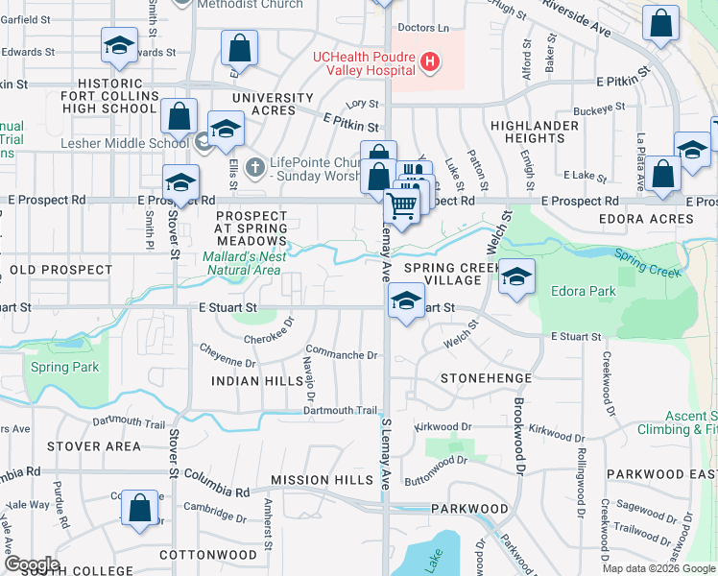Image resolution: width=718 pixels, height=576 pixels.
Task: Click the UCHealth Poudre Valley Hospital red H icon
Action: pyautogui.click(x=430, y=63)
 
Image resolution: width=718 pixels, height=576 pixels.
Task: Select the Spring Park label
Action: pyautogui.click(x=64, y=368)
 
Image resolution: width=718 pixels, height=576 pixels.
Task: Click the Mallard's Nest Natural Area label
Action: pyautogui.click(x=242, y=263)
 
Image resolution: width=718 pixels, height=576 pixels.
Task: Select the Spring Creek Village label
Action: pyautogui.click(x=442, y=273)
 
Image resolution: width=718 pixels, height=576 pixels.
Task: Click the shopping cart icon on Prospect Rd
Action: pyautogui.click(x=402, y=204)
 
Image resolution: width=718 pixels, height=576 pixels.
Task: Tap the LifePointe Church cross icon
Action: pyautogui.click(x=254, y=167)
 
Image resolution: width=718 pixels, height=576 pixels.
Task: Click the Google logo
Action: pyautogui.click(x=31, y=564)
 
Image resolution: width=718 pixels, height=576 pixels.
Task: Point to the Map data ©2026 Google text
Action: pyautogui.click(x=658, y=568)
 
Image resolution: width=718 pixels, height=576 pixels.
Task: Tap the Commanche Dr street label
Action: pyautogui.click(x=342, y=354)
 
